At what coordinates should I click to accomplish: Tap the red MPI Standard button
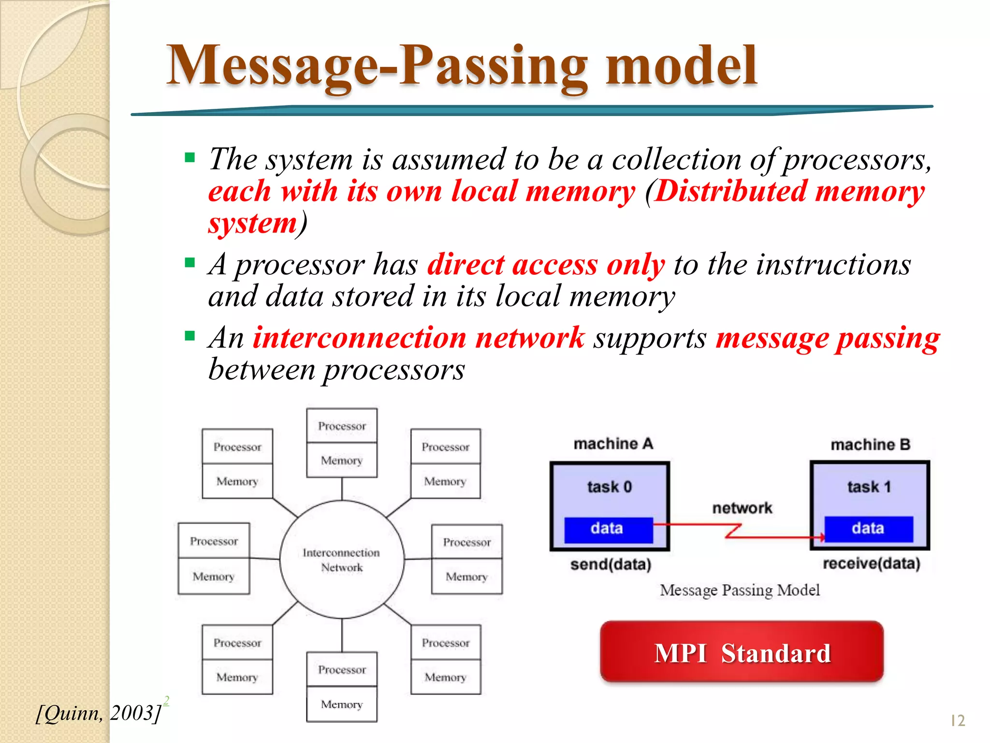[742, 653]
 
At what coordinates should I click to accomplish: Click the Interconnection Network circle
[342, 560]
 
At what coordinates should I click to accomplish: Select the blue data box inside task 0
[608, 528]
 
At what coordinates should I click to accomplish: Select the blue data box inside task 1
[868, 528]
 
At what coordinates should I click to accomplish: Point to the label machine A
[613, 444]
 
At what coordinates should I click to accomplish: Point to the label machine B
[870, 445]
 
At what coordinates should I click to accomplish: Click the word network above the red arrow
[742, 508]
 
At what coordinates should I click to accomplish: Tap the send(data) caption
[611, 565]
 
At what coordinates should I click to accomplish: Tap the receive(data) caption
[871, 564]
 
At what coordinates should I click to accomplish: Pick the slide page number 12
[957, 721]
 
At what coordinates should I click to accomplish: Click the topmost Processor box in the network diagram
[342, 426]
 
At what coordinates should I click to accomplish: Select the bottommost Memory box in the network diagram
[342, 704]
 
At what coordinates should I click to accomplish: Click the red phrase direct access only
[546, 265]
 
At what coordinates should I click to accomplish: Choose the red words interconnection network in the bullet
[419, 338]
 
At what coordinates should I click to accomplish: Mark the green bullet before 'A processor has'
[189, 263]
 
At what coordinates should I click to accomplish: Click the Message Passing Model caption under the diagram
[740, 590]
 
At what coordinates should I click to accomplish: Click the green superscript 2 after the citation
[166, 700]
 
